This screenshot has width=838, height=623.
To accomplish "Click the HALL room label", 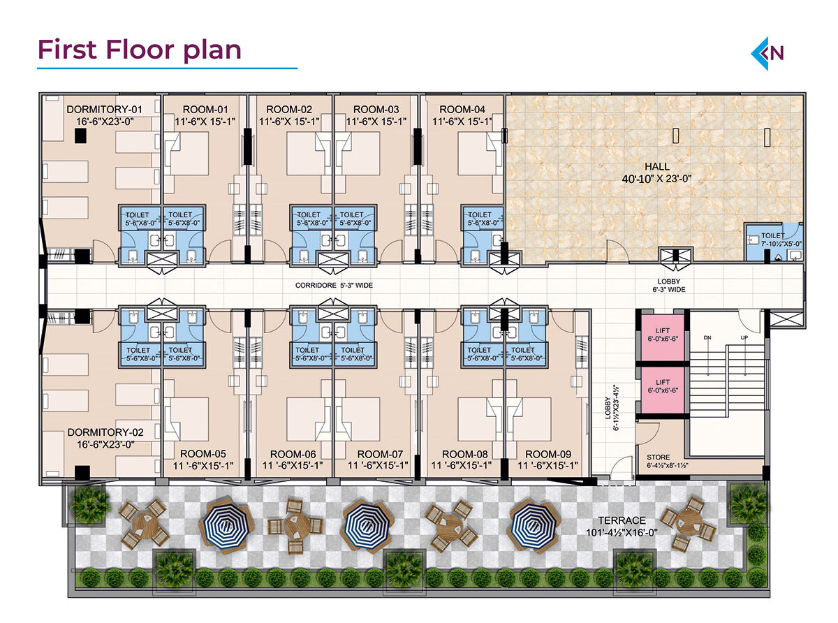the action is point(656,166).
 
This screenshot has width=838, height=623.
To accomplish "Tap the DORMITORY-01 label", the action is point(104,110).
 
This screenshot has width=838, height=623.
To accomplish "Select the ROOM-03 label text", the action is point(376,110).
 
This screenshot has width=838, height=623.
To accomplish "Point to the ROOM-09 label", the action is point(547,454).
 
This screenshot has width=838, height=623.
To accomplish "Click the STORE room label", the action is point(658,457).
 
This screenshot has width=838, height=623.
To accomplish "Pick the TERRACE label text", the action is point(622,520).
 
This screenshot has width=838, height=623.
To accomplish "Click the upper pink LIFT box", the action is point(663,337).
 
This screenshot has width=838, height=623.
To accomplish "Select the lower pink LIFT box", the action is point(663,390).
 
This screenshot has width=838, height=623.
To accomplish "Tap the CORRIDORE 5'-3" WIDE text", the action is point(334,286).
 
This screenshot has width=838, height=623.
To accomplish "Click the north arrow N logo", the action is point(767,53).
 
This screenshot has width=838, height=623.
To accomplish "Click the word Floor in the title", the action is point(140,49).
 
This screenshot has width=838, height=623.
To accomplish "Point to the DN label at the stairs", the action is point(707,337).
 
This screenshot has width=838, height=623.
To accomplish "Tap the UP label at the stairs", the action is point(744,337).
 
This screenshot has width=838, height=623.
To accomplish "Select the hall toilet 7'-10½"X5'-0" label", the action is point(781,240).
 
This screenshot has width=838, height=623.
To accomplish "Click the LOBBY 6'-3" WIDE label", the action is point(669,286).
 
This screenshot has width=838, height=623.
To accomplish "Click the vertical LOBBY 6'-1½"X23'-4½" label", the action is point(612,413).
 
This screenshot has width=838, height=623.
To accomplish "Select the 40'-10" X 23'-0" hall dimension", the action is point(656,178).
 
